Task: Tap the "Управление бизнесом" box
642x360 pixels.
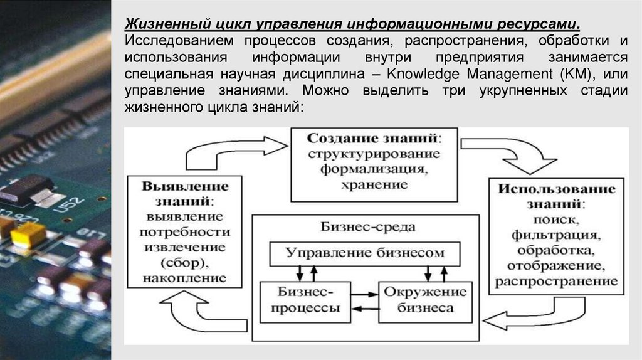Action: click(x=365, y=253)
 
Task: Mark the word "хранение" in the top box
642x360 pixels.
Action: click(x=374, y=185)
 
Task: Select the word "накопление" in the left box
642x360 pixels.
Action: click(x=185, y=277)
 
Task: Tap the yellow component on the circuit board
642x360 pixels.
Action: click(x=26, y=235)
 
